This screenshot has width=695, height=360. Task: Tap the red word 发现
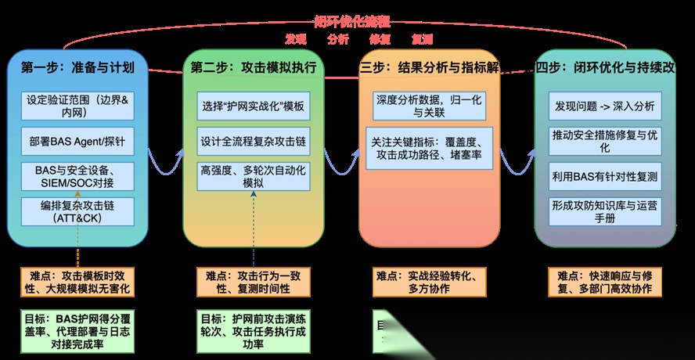pyautogui.click(x=295, y=38)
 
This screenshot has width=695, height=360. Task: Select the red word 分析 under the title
pyautogui.click(x=338, y=38)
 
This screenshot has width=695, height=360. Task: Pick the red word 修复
pyautogui.click(x=380, y=38)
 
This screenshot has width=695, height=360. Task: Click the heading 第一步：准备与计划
pyautogui.click(x=77, y=67)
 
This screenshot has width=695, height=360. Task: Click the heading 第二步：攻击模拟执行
pyautogui.click(x=254, y=67)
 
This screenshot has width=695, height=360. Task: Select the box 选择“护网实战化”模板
pyautogui.click(x=254, y=106)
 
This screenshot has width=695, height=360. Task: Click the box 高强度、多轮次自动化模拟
pyautogui.click(x=254, y=176)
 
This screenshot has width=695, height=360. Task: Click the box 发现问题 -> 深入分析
pyautogui.click(x=604, y=106)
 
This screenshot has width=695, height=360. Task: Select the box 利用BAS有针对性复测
pyautogui.click(x=604, y=176)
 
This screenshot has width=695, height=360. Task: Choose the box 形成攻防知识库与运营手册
pyautogui.click(x=604, y=212)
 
